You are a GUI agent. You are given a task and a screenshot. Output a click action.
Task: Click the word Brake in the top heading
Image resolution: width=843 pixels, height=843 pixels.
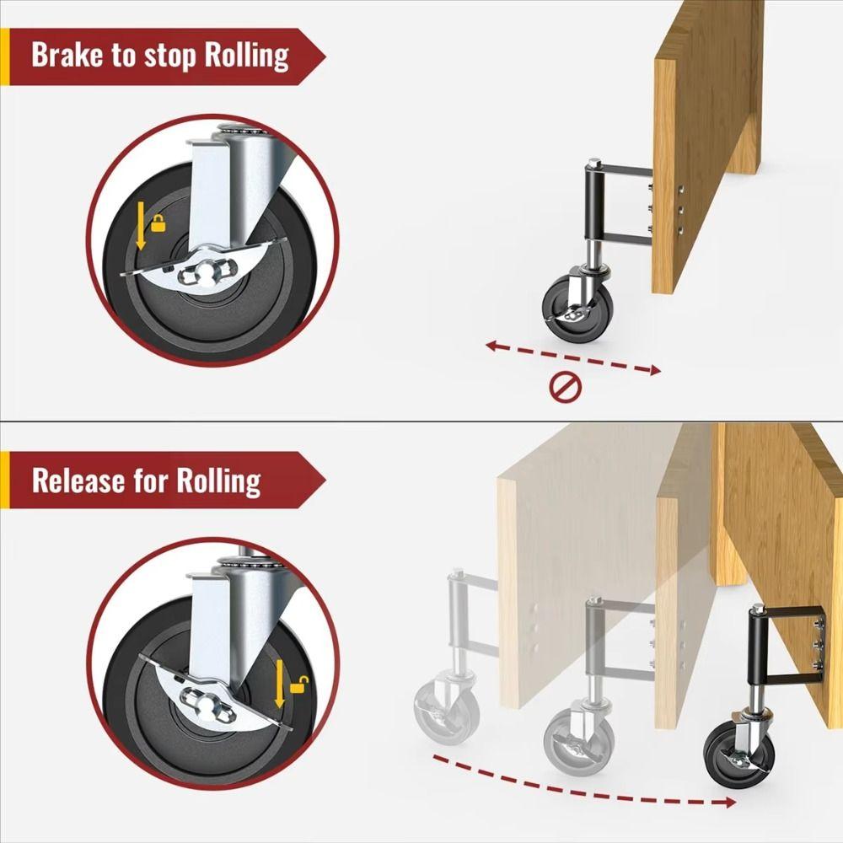coord(68,56)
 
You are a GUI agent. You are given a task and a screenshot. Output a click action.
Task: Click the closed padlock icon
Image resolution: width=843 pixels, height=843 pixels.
coord(158,223)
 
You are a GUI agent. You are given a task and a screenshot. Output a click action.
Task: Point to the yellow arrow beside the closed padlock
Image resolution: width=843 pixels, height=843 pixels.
coord(141,229)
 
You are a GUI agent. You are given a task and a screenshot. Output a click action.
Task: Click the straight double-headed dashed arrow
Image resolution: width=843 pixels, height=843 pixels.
coord(573,357)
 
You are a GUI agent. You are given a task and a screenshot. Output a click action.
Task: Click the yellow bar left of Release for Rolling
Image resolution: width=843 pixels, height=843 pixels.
coord(4,481)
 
